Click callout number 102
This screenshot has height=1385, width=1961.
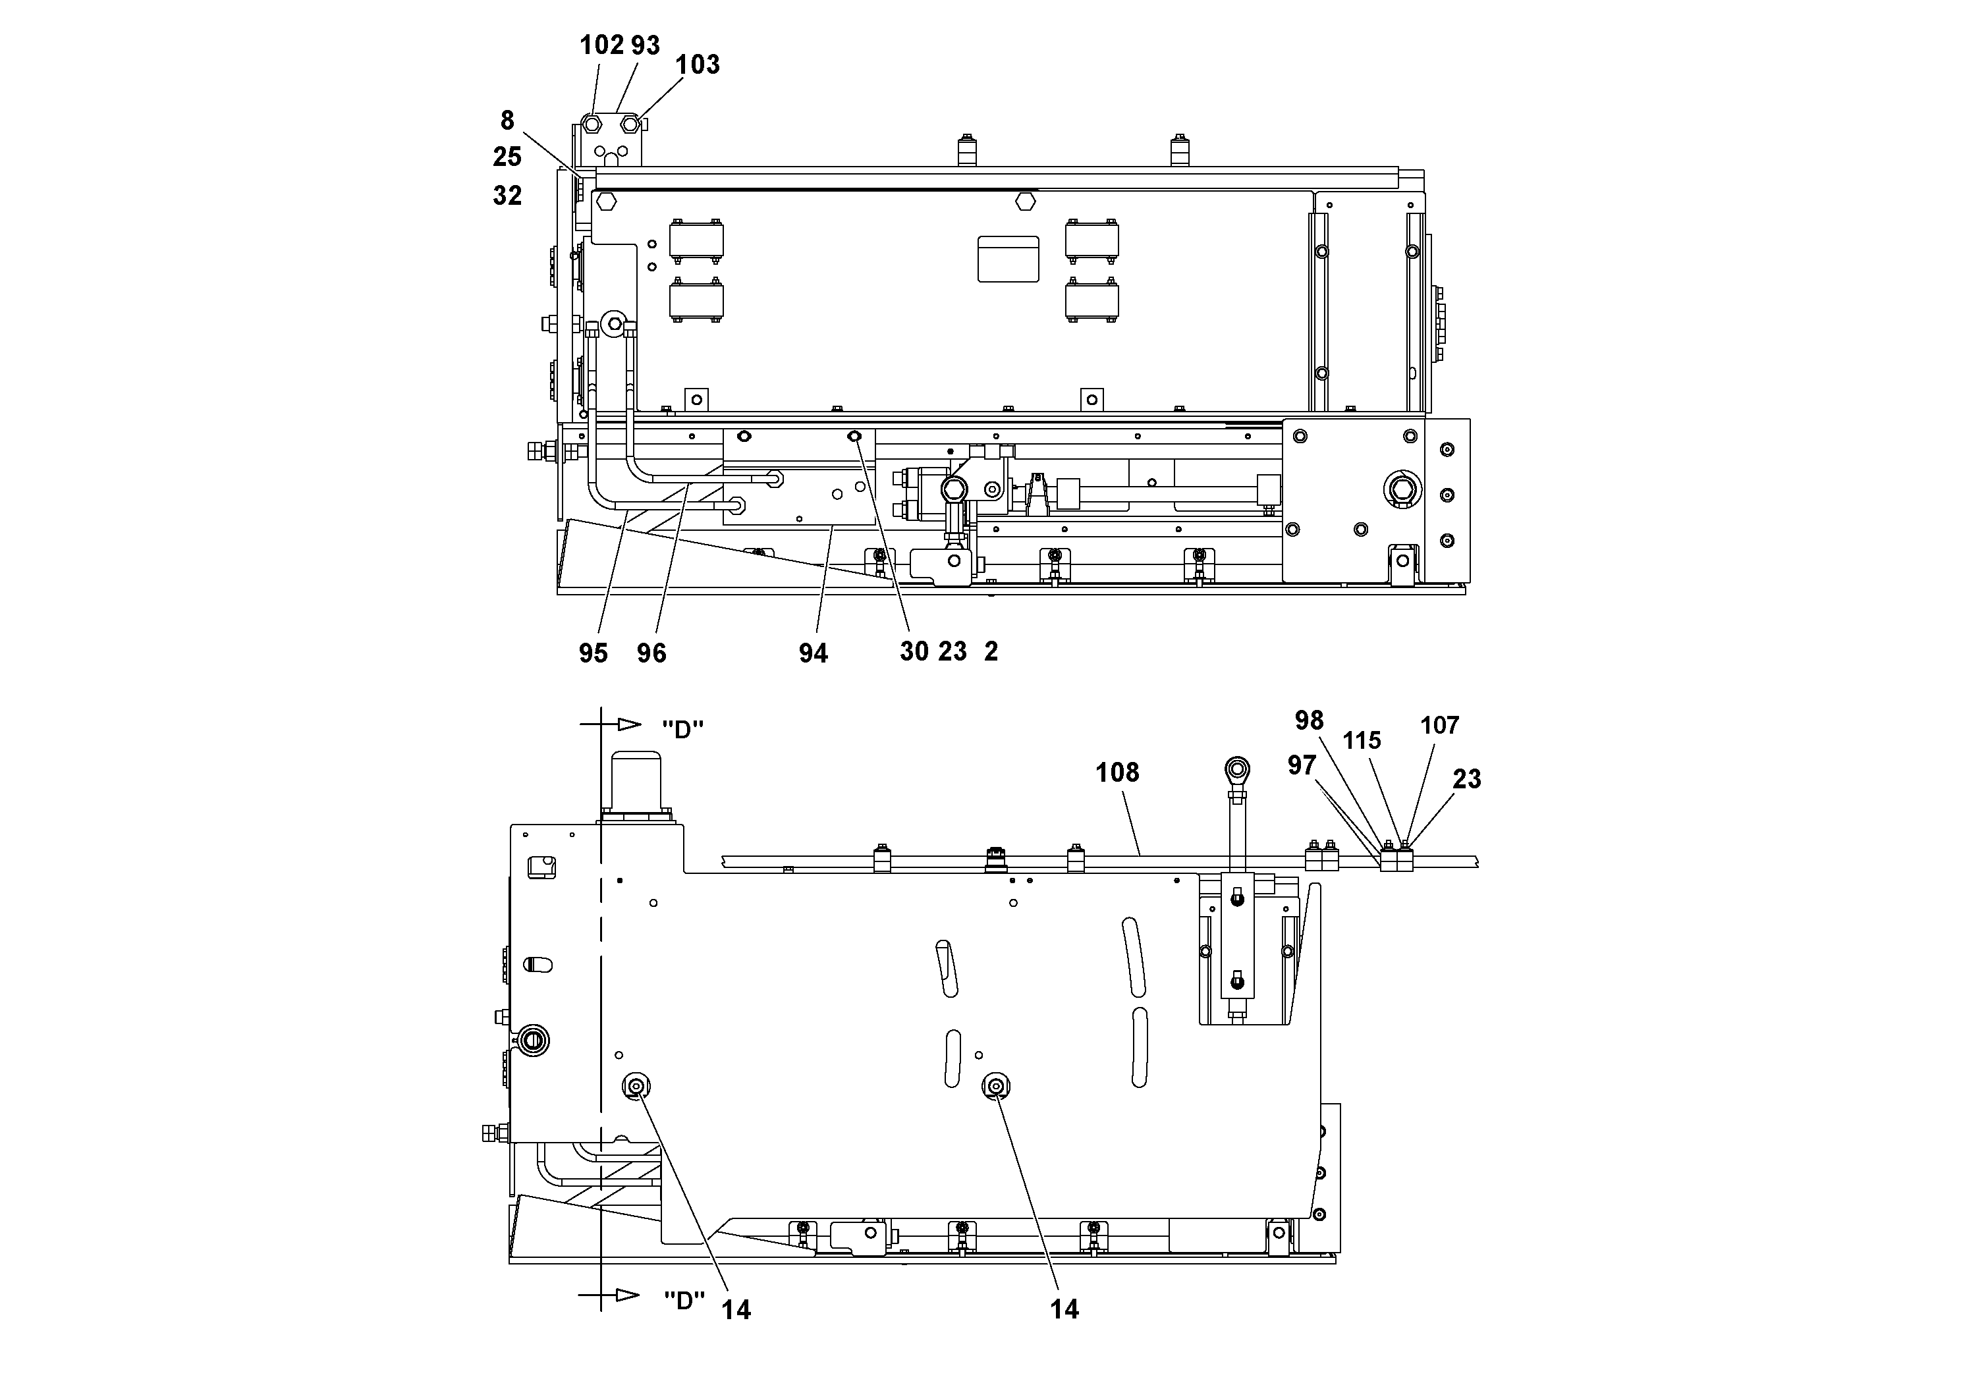(601, 45)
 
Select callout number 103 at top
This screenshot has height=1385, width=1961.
(697, 65)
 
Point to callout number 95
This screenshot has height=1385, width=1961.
(593, 653)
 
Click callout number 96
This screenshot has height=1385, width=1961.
(651, 653)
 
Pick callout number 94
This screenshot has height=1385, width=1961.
(813, 653)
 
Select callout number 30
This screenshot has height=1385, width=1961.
(914, 651)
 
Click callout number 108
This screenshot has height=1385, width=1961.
(1117, 773)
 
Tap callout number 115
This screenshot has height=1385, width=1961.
(1362, 740)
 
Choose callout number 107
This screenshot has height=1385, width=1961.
(1439, 726)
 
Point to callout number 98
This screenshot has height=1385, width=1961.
(1308, 720)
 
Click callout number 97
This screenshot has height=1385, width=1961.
(1302, 765)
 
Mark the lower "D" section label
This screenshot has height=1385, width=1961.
(684, 1301)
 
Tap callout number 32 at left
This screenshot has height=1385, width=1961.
(507, 196)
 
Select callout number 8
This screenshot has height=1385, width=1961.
(507, 121)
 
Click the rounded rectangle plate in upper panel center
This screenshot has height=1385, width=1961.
(1008, 259)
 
